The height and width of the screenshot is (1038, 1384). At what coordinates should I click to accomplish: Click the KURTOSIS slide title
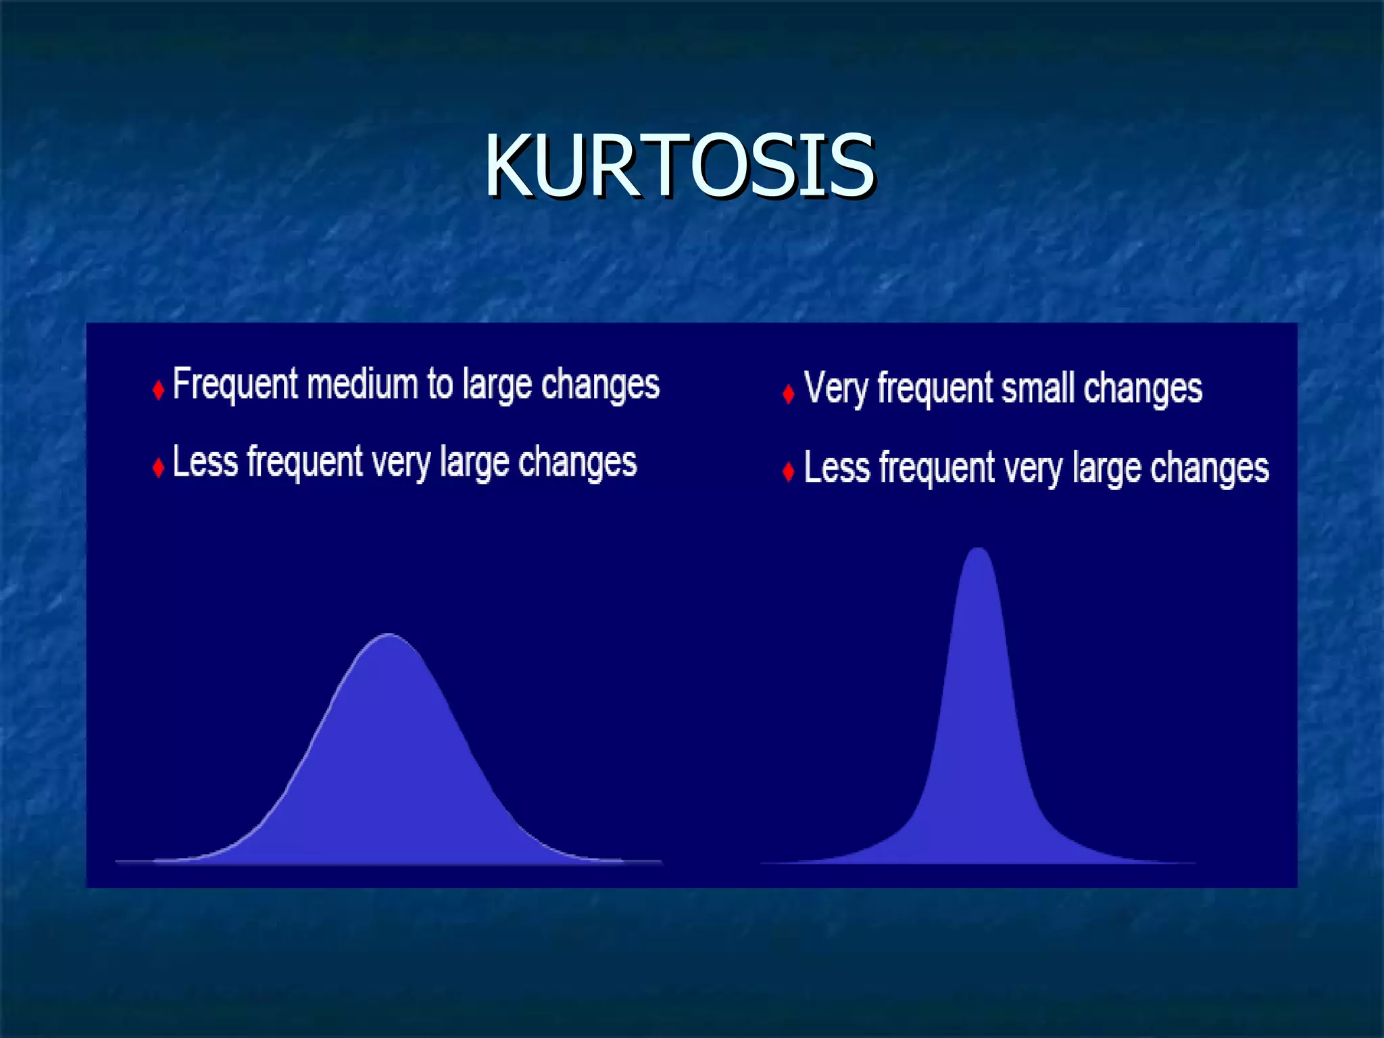click(679, 166)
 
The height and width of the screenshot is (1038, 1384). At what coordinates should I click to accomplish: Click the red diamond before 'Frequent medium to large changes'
click(158, 390)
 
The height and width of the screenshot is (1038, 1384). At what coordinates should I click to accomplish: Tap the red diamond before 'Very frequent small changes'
click(788, 394)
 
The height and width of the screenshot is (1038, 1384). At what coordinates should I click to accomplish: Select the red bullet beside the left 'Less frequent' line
click(158, 468)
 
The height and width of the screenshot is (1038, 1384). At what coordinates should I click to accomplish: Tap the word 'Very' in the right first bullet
click(835, 390)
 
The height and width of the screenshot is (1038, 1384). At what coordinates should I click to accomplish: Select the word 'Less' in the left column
click(205, 462)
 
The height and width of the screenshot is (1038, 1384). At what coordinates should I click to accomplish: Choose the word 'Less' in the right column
click(837, 468)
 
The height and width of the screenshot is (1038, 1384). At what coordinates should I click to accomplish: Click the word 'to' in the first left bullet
click(440, 384)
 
